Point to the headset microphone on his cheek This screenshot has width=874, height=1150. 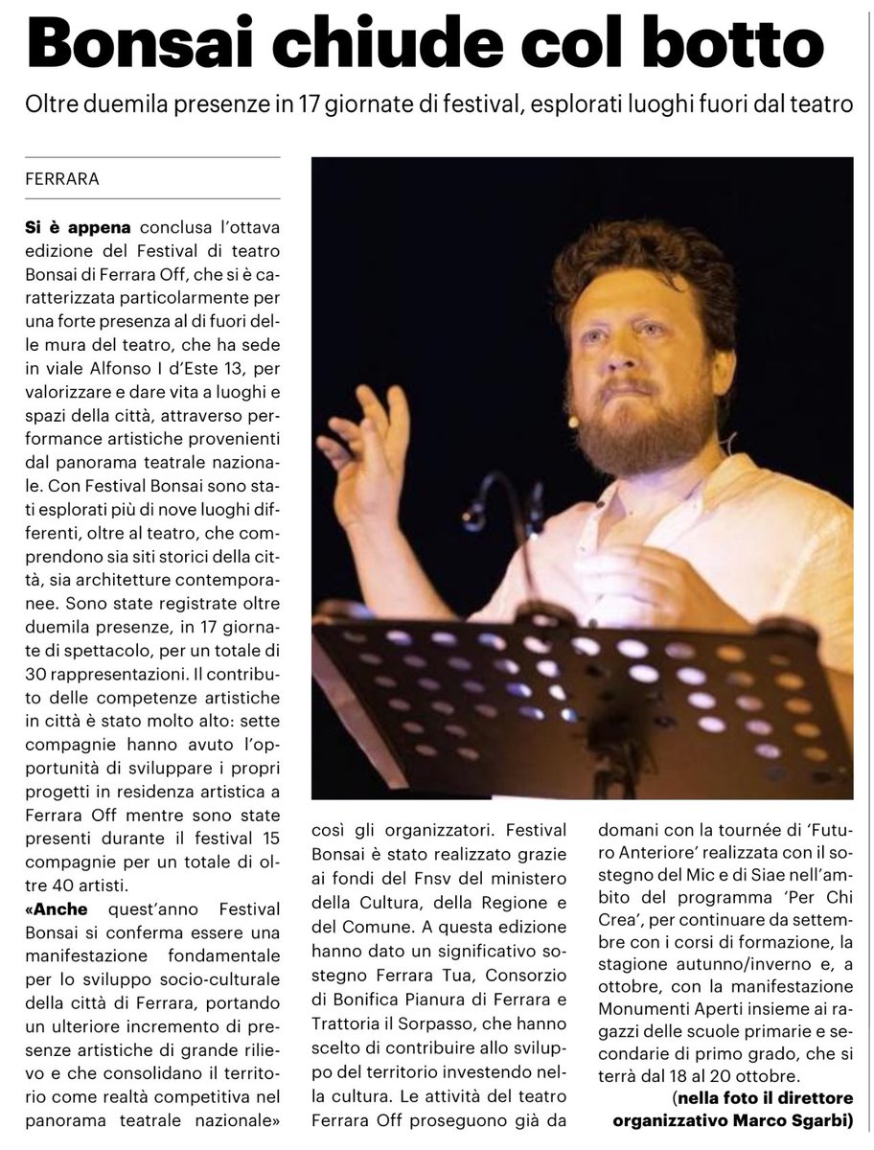[x=573, y=420]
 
